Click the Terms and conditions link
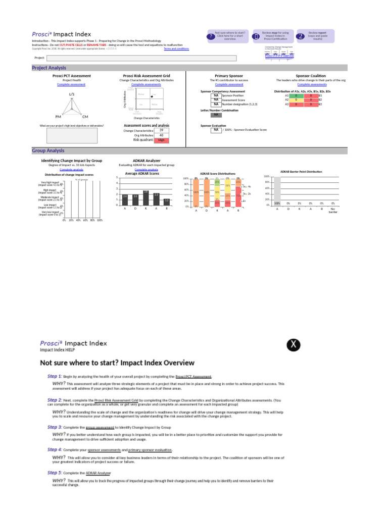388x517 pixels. click(x=176, y=49)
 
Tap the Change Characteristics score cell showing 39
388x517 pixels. click(x=161, y=130)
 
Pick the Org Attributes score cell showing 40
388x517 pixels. click(x=161, y=135)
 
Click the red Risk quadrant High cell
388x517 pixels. click(x=161, y=140)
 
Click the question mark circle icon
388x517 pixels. click(x=211, y=36)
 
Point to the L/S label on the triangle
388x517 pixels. click(x=72, y=94)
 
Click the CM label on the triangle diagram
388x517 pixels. click(x=85, y=117)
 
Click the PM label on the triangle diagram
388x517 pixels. click(x=59, y=117)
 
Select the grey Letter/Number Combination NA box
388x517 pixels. click(x=216, y=115)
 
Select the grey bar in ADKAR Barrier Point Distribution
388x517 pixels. click(x=277, y=191)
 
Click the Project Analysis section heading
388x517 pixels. click(x=49, y=68)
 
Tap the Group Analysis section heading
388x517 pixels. click(x=48, y=150)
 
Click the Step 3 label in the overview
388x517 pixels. click(x=55, y=427)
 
